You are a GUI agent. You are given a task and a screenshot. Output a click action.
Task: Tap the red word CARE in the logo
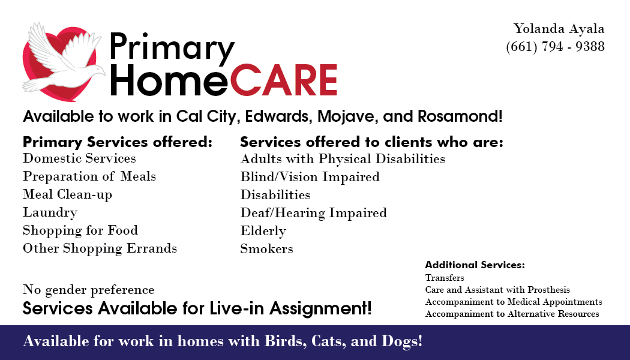tap(284, 80)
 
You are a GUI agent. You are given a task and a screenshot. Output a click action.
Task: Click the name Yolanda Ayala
tap(559, 29)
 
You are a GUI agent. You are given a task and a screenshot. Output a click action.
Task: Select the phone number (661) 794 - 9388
tap(555, 47)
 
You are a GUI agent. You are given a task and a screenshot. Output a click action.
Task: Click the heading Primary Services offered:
tap(118, 142)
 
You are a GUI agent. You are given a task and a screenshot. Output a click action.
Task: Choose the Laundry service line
tap(50, 212)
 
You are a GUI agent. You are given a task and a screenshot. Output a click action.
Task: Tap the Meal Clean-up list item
tap(67, 194)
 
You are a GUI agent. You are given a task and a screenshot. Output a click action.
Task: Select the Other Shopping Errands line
tap(100, 248)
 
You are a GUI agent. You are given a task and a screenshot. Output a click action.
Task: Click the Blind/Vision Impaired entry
tap(310, 177)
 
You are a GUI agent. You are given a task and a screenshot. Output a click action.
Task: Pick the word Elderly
tap(263, 231)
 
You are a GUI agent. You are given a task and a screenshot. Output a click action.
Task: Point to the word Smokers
tap(267, 249)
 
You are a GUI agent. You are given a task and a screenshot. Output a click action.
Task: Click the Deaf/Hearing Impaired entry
tap(313, 213)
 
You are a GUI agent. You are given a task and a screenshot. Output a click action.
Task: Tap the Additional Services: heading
tap(475, 265)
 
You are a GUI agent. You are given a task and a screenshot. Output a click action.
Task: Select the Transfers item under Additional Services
tap(445, 278)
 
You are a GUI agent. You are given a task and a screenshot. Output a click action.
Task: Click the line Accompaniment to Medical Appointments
tap(514, 302)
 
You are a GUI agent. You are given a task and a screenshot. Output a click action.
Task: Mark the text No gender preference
tap(88, 290)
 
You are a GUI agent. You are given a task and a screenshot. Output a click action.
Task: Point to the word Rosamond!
tap(460, 116)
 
